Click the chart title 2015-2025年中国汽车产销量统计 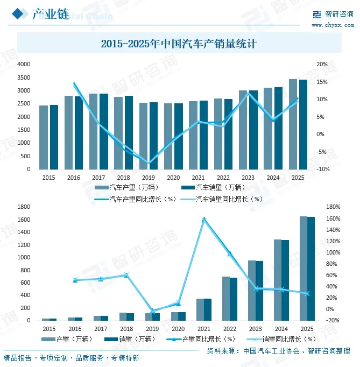pos(179,44)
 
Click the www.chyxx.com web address pos(331,25)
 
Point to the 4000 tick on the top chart pos(24,64)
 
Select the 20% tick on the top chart pos(322,64)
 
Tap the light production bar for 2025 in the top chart pos(293,124)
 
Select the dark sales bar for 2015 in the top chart pos(54,137)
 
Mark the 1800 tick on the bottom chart pos(24,207)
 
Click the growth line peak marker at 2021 pos(204,219)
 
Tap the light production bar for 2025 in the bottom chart pos(303,268)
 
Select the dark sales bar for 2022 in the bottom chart pos(234,299)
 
